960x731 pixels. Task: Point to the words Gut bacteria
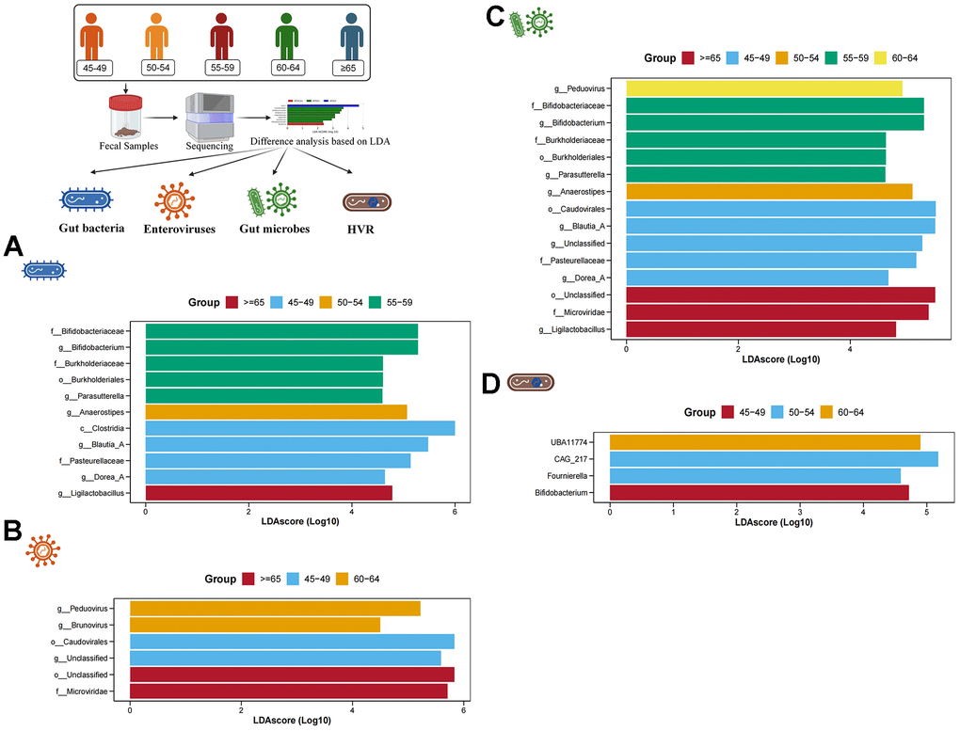(x=87, y=229)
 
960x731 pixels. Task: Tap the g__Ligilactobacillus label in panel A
(x=95, y=493)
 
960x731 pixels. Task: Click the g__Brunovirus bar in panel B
(x=254, y=625)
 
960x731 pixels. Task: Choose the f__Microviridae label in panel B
(x=90, y=691)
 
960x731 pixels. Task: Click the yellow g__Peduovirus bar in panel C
(x=763, y=88)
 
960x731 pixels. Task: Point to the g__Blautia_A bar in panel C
(x=780, y=226)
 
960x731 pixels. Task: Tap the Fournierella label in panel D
(x=573, y=476)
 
